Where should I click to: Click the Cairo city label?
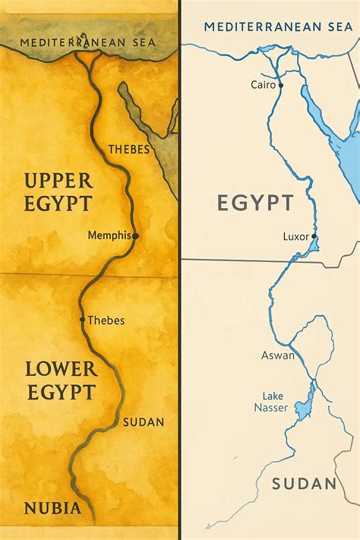click(263, 85)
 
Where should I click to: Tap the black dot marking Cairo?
click(281, 85)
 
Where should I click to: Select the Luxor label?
click(295, 236)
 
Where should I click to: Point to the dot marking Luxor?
click(314, 236)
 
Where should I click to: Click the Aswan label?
click(277, 355)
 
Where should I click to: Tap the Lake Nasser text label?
click(273, 402)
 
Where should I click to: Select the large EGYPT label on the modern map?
click(255, 203)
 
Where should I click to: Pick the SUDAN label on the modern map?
click(304, 484)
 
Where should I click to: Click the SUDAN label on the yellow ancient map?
click(143, 422)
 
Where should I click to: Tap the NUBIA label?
click(52, 508)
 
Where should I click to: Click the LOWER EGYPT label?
click(61, 381)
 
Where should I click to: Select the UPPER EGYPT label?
click(58, 191)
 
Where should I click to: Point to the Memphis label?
click(109, 235)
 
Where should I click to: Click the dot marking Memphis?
click(136, 236)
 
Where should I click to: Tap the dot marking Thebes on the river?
click(82, 320)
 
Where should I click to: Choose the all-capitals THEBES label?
click(129, 149)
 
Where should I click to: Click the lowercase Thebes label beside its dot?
click(106, 320)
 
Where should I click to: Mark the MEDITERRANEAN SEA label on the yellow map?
click(88, 42)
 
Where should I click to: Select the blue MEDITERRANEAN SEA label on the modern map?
click(278, 27)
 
